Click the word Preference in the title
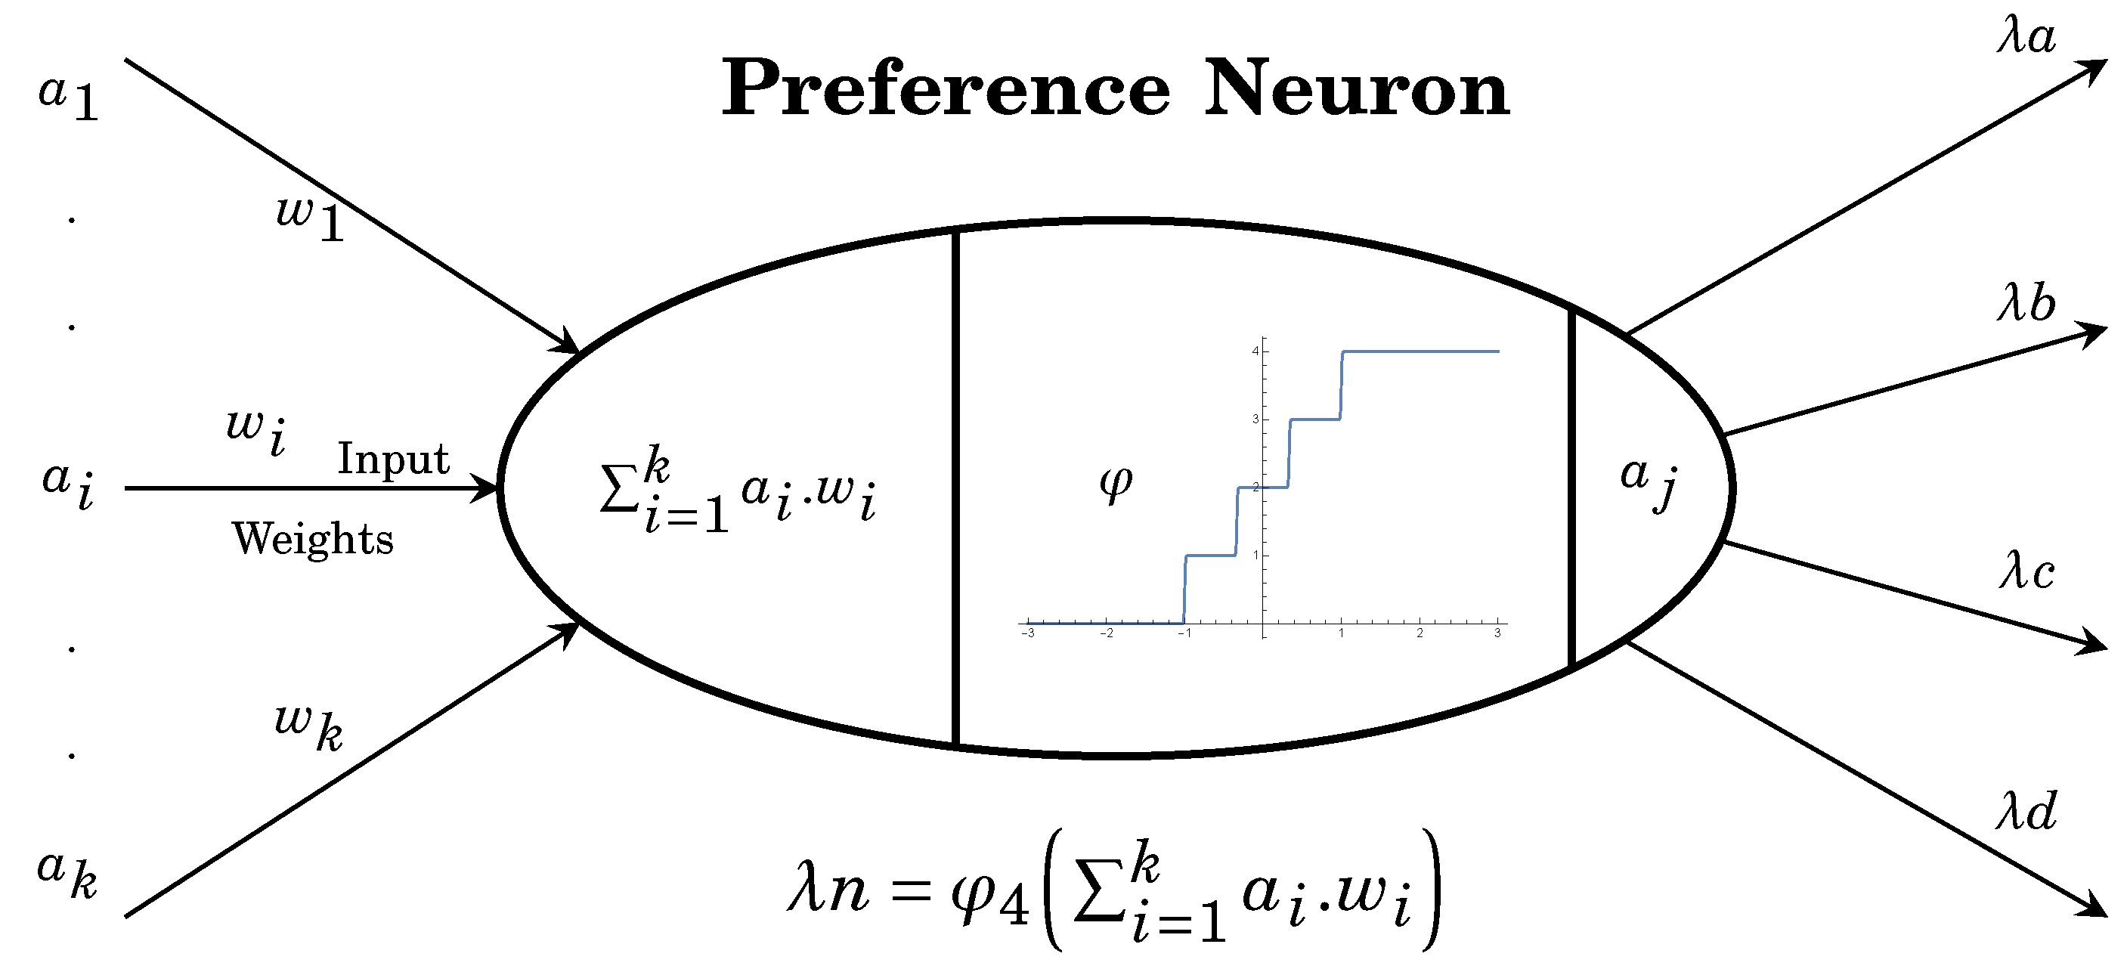pyautogui.click(x=945, y=89)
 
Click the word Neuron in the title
pyautogui.click(x=1356, y=89)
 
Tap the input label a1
pyautogui.click(x=69, y=98)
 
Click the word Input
pyautogui.click(x=393, y=459)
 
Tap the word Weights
pyautogui.click(x=313, y=539)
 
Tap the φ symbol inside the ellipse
pyautogui.click(x=1116, y=483)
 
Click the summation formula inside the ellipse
pyautogui.click(x=738, y=491)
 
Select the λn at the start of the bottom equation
pyautogui.click(x=828, y=892)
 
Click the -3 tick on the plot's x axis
pyautogui.click(x=1028, y=633)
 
